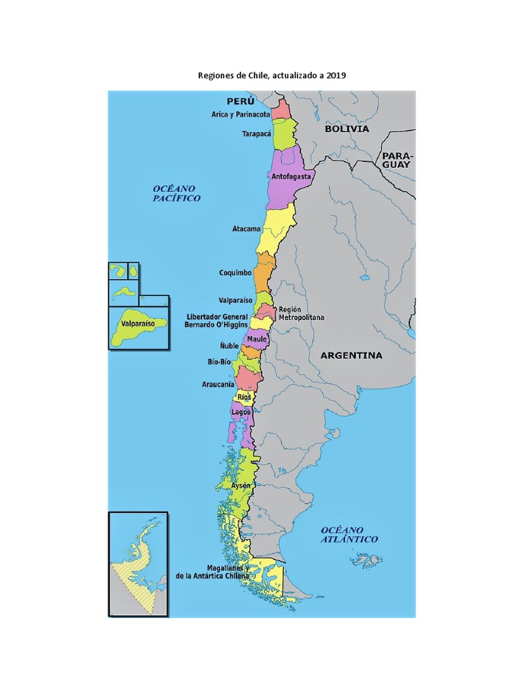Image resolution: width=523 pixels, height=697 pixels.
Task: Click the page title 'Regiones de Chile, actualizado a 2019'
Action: [x=272, y=76]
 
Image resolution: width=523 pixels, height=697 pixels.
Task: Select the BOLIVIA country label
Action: [x=347, y=129]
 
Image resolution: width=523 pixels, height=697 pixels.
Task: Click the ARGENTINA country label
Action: [x=351, y=355]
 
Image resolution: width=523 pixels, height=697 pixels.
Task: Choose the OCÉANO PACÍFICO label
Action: [x=176, y=193]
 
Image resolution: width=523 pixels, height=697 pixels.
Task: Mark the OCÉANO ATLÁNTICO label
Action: [x=349, y=534]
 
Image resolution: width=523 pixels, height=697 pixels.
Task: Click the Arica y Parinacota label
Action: [x=240, y=114]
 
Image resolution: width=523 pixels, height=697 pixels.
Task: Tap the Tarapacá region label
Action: [x=256, y=134]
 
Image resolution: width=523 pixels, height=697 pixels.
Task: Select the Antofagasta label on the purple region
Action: [x=291, y=176]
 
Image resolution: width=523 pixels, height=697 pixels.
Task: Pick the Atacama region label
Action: [x=247, y=229]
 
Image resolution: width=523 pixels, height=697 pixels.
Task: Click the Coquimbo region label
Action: [x=235, y=273]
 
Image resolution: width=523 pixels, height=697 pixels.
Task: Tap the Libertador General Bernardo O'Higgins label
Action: [x=217, y=321]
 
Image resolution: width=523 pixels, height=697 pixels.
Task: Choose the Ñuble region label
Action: [x=229, y=346]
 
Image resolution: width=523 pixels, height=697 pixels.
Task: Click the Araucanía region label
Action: [x=218, y=384]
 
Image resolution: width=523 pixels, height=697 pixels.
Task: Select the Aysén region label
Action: [x=241, y=486]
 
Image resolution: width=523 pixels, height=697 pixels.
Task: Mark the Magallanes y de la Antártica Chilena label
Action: [x=212, y=572]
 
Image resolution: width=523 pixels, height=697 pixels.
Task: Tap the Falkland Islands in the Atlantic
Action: [x=366, y=560]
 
